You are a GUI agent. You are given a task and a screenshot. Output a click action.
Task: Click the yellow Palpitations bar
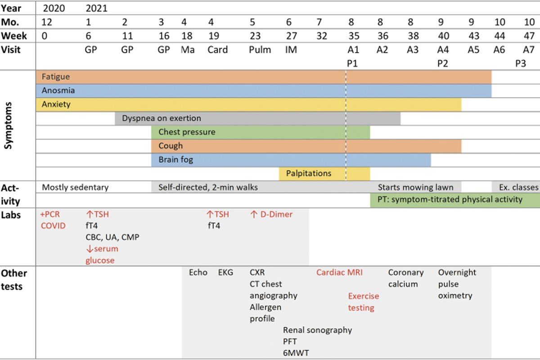point(324,174)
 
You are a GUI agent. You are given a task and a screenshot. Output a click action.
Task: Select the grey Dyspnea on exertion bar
point(257,119)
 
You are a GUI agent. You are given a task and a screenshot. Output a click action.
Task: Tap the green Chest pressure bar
point(261,132)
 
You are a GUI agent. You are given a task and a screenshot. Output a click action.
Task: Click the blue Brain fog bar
point(291,160)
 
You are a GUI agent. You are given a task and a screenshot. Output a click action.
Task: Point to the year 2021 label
point(96,9)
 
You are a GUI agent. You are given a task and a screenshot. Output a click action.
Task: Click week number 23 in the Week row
point(255,36)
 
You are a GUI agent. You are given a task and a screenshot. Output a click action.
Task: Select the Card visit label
point(217,49)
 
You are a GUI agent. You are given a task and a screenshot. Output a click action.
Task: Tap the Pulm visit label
point(260,49)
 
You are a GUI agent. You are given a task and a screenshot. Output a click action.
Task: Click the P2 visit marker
point(443,63)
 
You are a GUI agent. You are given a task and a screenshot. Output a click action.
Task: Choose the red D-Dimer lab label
point(271,214)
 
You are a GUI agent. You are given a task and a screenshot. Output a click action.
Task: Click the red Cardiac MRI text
point(339,272)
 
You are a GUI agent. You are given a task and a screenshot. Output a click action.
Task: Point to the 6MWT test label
point(296,353)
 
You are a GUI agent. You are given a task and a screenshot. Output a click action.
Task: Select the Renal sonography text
point(317,330)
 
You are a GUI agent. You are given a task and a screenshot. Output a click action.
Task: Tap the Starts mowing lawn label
point(415,187)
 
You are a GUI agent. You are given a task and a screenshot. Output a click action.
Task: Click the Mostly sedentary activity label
point(75,187)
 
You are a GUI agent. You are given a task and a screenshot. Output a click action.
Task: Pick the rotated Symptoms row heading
point(8,126)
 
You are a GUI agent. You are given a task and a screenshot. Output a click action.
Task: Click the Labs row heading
point(11,215)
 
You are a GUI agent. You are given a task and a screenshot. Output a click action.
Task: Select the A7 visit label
point(528,49)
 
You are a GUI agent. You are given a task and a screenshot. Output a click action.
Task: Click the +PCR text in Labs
point(50,214)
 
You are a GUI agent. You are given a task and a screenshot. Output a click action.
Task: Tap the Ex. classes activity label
point(518,187)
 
